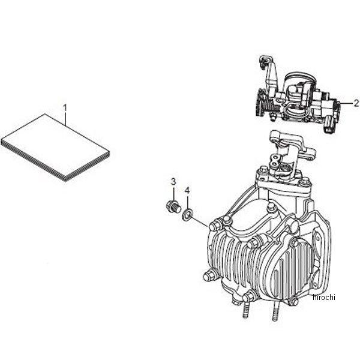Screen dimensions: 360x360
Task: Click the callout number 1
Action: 65,107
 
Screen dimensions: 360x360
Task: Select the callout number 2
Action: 356,102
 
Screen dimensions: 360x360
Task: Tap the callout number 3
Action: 173,181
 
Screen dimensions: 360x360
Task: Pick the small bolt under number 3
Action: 171,207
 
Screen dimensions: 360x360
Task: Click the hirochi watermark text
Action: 324,296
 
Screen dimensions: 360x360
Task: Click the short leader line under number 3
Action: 173,194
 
